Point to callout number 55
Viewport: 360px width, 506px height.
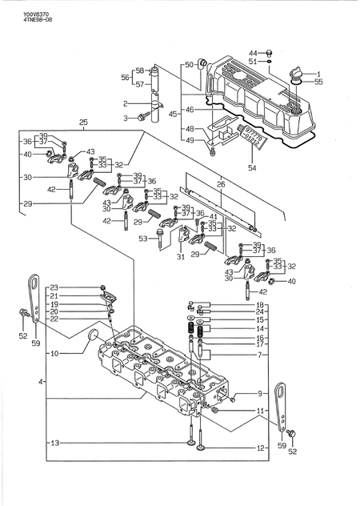318,82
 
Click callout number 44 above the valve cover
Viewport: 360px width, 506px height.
252,52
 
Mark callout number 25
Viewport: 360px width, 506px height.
82,122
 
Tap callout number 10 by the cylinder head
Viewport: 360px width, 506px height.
54,353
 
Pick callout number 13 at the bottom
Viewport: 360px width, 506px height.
54,443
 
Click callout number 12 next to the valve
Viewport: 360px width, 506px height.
260,448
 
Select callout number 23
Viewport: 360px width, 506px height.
54,287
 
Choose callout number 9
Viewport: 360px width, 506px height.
260,393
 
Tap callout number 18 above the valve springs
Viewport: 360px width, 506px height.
260,305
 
